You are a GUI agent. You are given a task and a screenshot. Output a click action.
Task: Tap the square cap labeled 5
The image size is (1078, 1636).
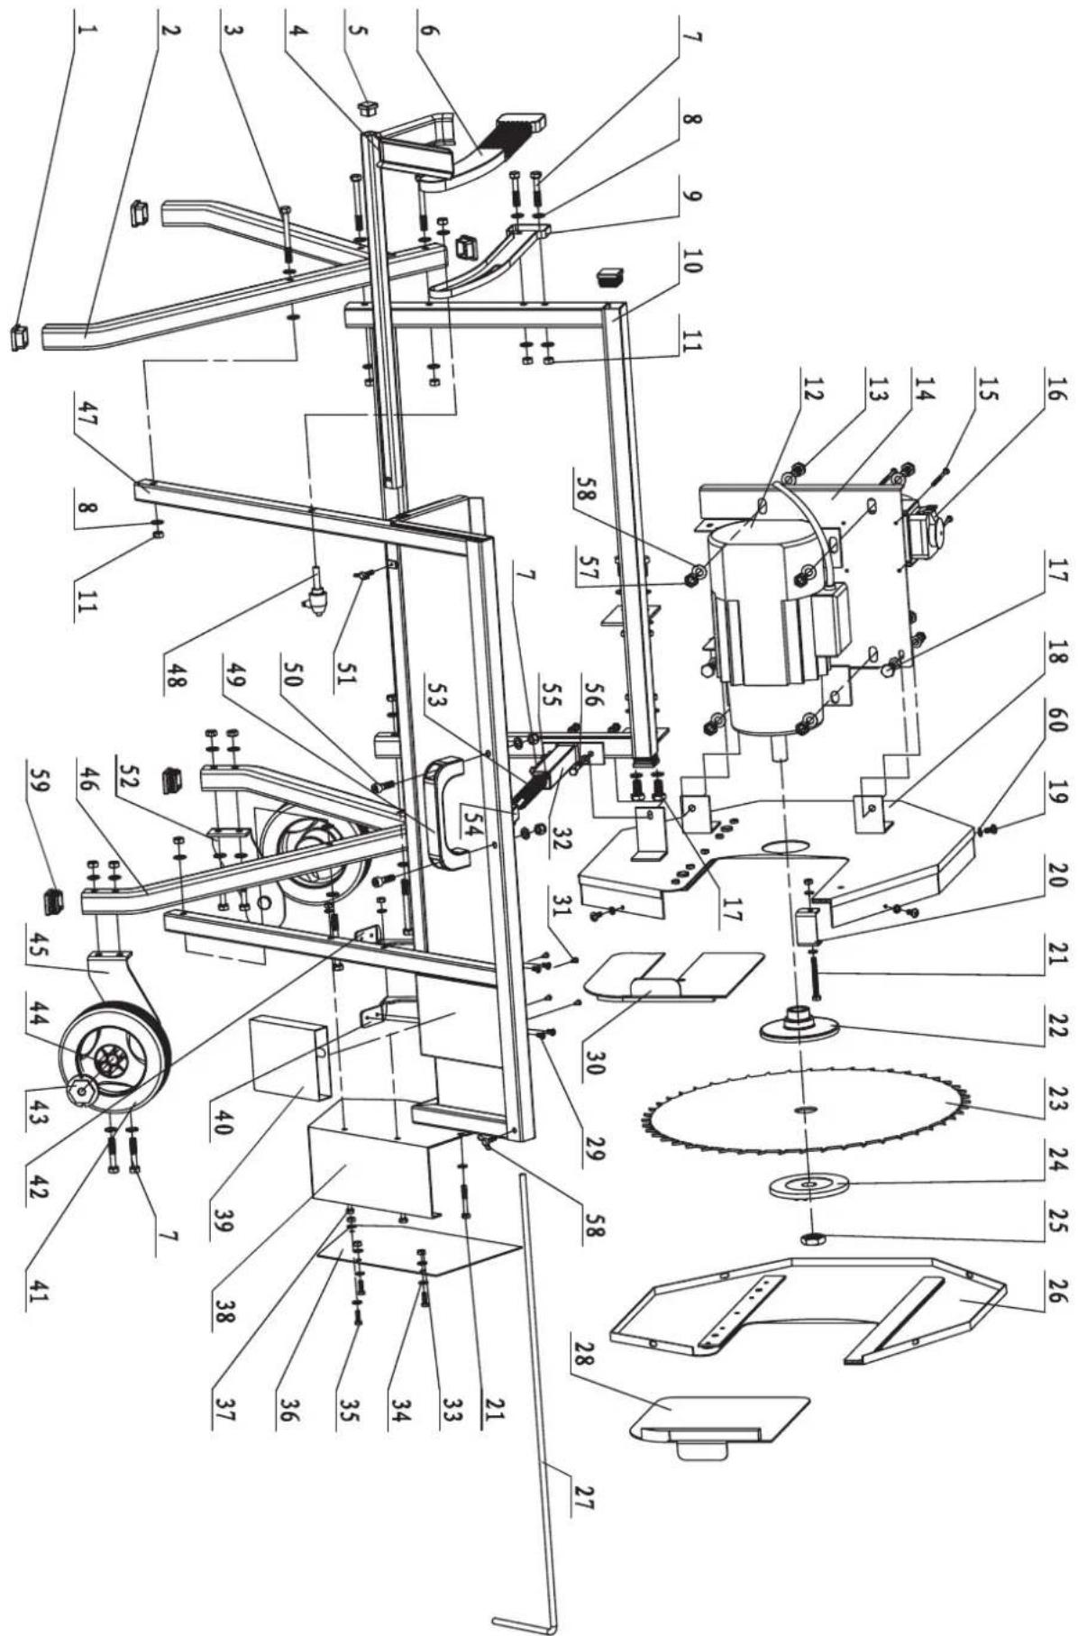click(x=366, y=109)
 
